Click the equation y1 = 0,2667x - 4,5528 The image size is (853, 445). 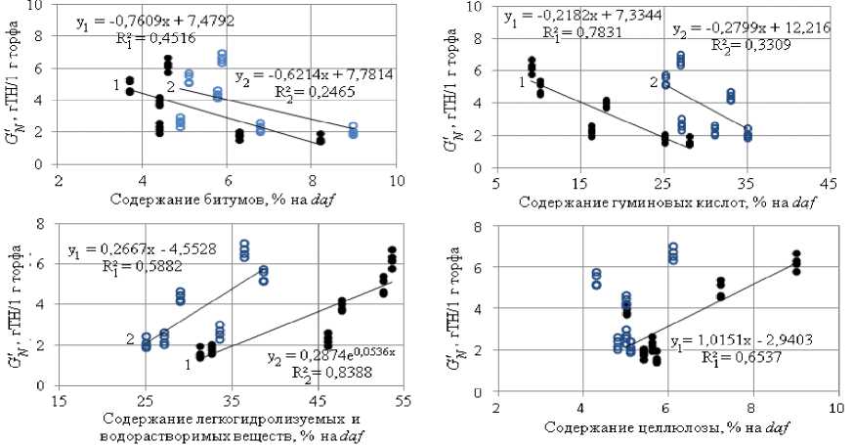(x=128, y=251)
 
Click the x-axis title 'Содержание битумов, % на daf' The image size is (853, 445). (x=226, y=200)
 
